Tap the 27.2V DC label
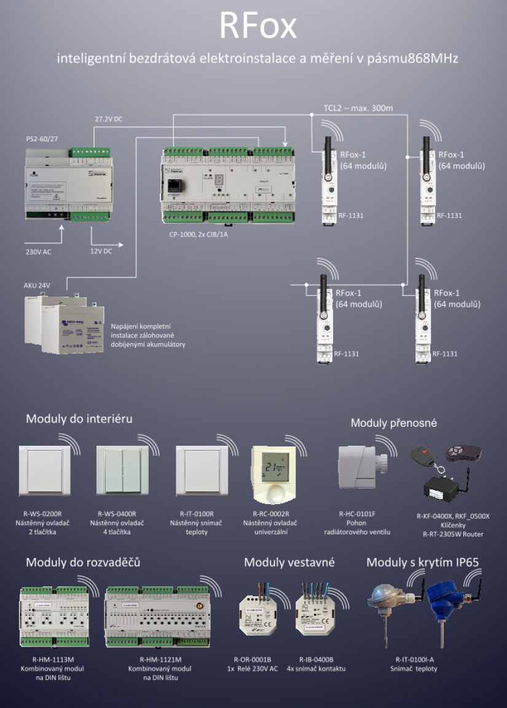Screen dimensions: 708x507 108,119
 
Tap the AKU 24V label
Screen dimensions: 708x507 36,286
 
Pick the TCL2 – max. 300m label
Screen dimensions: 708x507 358,108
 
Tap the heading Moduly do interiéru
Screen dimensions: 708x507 79,419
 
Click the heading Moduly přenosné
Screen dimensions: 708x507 394,423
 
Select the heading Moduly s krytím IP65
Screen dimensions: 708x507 422,562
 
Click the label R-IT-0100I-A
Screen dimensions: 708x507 415,659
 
